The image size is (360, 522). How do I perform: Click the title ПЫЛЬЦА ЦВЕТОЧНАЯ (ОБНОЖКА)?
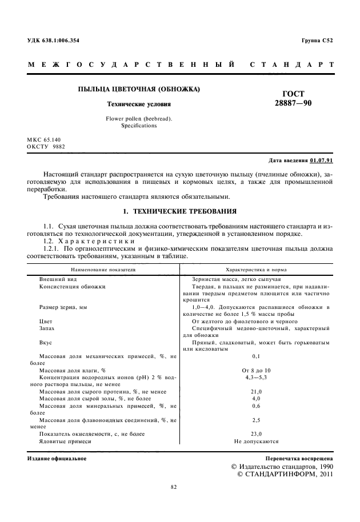pos(139,90)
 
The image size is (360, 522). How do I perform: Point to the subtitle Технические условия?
pos(139,105)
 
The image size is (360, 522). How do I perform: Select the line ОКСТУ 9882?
pos(46,147)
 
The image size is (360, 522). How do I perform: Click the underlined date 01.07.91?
pos(322,161)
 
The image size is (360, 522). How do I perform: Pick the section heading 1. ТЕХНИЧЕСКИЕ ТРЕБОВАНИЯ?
pos(181,211)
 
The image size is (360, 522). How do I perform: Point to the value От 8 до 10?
pos(256,370)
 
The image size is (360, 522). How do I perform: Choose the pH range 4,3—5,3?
pos(256,378)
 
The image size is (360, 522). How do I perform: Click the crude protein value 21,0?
pos(256,391)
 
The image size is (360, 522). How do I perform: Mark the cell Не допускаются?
pos(256,441)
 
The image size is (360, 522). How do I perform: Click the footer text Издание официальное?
pos(57,459)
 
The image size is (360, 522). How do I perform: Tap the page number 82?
pos(174,487)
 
